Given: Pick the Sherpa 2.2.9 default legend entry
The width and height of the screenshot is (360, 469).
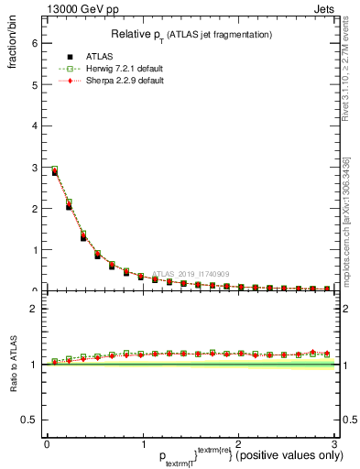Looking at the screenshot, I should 112,81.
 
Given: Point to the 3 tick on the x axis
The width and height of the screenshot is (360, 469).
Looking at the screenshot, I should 333,445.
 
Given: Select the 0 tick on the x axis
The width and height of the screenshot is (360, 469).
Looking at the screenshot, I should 47,445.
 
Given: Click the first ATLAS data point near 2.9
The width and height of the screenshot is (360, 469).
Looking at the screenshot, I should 55,172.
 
